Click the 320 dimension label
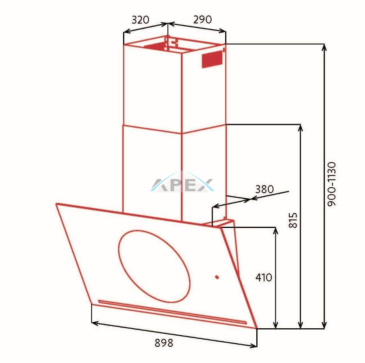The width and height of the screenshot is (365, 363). pyautogui.click(x=140, y=20)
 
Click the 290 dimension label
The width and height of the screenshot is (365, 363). pyautogui.click(x=203, y=20)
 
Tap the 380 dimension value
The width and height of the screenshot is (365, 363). pyautogui.click(x=264, y=189)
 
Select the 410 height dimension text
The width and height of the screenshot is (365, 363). pyautogui.click(x=264, y=278)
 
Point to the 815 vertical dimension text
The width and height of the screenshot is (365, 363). pyautogui.click(x=293, y=220)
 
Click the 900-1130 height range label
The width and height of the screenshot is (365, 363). pyautogui.click(x=332, y=184)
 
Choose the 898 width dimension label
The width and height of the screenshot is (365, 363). pyautogui.click(x=164, y=343)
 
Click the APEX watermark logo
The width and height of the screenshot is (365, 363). pyautogui.click(x=182, y=183)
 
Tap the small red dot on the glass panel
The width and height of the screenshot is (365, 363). pyautogui.click(x=217, y=277)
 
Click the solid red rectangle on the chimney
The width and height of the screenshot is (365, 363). pyautogui.click(x=212, y=59)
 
